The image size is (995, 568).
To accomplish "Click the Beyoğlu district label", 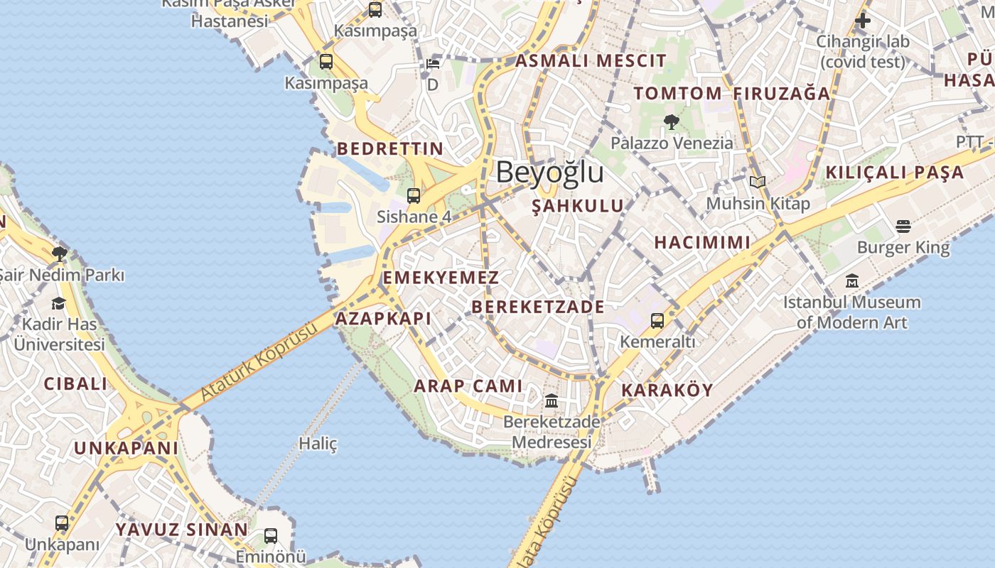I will (549, 173).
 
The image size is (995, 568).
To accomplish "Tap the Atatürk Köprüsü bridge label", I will (259, 361).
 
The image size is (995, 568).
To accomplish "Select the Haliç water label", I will (318, 444).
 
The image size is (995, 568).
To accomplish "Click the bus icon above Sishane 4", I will (414, 195).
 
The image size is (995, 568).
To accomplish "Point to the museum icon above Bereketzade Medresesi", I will (551, 401).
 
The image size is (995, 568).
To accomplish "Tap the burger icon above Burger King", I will (903, 226).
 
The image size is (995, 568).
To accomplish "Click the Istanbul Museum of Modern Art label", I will (851, 312).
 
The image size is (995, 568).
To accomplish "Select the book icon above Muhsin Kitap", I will (758, 182).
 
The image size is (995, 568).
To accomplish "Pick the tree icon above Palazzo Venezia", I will (671, 122).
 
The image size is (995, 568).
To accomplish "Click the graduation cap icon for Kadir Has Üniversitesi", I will (58, 304).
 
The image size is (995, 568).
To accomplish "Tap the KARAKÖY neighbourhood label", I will (667, 390).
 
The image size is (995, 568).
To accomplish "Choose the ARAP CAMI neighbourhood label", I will (468, 386).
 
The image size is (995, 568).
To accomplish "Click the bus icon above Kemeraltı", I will (657, 321).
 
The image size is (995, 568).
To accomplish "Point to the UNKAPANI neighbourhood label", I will (126, 448).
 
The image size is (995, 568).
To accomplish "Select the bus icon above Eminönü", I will (271, 536).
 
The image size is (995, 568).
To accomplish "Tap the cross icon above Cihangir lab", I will (863, 21).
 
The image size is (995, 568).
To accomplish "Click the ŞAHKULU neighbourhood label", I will (578, 206).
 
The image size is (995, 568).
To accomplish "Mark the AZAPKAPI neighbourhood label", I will (383, 319).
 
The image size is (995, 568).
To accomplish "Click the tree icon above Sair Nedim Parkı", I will (60, 253).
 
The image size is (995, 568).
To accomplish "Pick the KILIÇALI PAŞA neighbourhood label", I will (894, 173).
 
